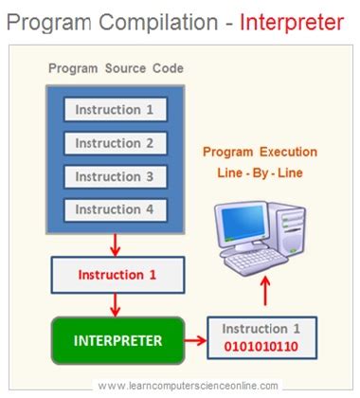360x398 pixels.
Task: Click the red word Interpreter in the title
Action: click(x=292, y=22)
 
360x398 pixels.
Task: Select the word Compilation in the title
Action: click(x=158, y=23)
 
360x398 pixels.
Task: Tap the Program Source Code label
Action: click(x=116, y=68)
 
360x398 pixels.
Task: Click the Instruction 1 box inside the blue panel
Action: click(x=116, y=110)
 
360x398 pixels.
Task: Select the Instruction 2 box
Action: click(x=116, y=143)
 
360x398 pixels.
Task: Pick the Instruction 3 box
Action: click(x=116, y=176)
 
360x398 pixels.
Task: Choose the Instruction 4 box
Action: click(x=116, y=209)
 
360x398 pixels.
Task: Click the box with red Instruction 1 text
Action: click(x=117, y=275)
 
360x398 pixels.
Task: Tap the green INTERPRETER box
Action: click(x=117, y=340)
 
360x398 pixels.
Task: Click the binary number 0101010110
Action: click(x=261, y=347)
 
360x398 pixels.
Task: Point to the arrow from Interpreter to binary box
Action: click(x=195, y=340)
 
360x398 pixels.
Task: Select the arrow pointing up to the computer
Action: click(x=265, y=291)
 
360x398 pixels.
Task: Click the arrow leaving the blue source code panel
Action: click(x=116, y=245)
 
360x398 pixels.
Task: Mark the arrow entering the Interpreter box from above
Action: click(x=116, y=305)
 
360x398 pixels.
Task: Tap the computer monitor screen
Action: click(x=243, y=224)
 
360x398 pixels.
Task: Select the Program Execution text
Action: click(x=260, y=152)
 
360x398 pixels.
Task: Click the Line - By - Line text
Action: click(x=260, y=172)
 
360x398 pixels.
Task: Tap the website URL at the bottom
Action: click(x=189, y=386)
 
